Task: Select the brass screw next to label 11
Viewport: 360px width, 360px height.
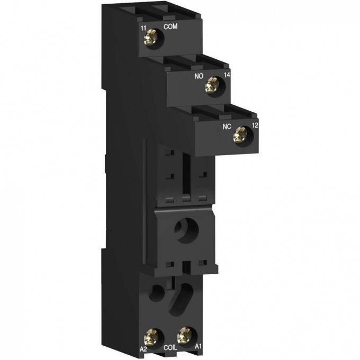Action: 156,39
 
